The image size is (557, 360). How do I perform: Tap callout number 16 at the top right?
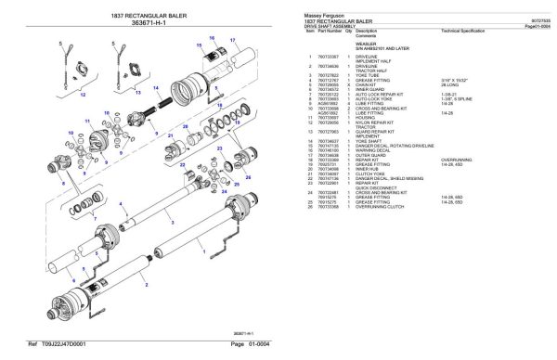point(212,36)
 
